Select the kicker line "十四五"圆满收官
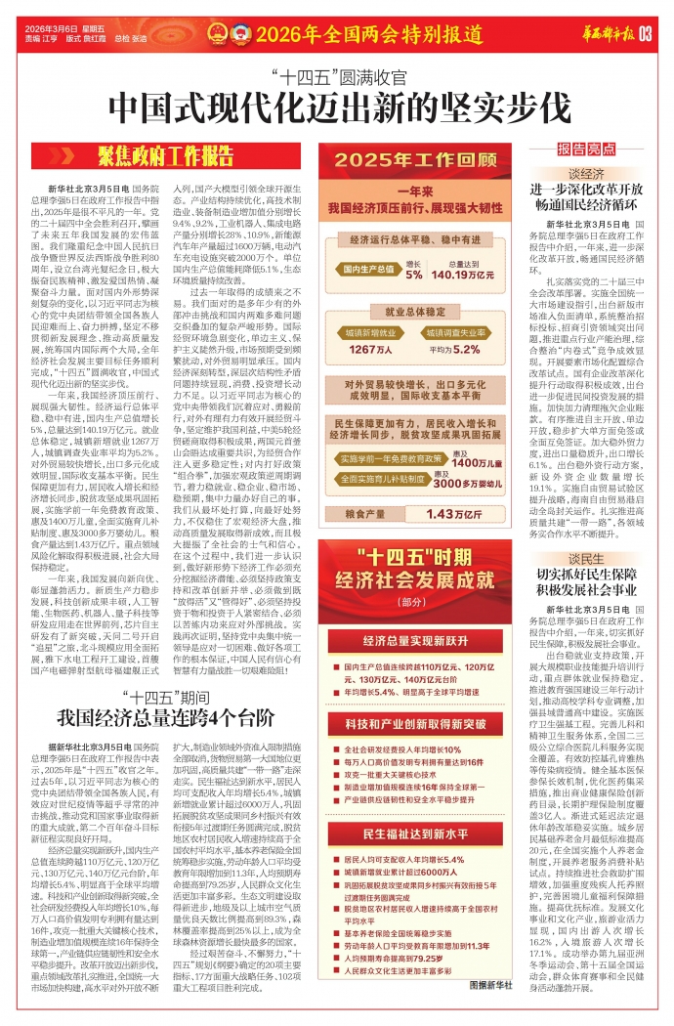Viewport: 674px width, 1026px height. (336, 74)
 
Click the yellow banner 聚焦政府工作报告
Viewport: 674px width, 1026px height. (165, 154)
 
